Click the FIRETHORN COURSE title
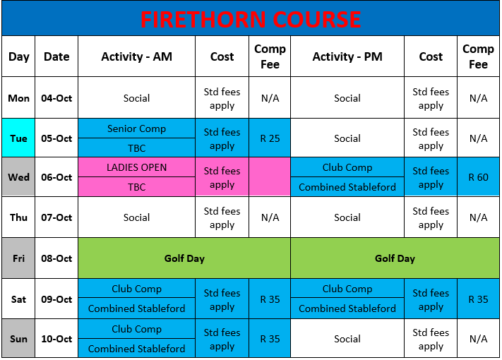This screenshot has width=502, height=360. click(251, 19)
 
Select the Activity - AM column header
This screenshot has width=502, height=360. click(137, 56)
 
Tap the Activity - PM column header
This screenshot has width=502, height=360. click(347, 56)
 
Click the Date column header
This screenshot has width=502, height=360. click(56, 56)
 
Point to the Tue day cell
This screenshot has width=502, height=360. click(18, 138)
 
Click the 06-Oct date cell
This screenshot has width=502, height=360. click(56, 177)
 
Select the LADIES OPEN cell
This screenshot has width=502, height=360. click(137, 167)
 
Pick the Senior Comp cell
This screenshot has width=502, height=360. click(137, 128)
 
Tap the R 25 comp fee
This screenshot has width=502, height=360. click(270, 138)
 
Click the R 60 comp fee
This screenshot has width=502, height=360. click(478, 177)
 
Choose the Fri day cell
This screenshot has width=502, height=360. click(18, 258)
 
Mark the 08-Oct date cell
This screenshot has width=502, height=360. click(56, 258)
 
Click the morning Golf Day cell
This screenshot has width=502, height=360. click(184, 258)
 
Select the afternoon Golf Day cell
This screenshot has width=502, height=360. click(395, 258)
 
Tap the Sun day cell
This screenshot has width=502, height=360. click(18, 338)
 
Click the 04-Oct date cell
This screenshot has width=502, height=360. click(56, 97)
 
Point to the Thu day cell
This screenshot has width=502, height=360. click(18, 217)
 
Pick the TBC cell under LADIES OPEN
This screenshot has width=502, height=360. click(137, 186)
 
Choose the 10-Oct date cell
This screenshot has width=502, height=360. click(56, 338)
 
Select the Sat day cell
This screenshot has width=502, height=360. click(18, 299)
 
